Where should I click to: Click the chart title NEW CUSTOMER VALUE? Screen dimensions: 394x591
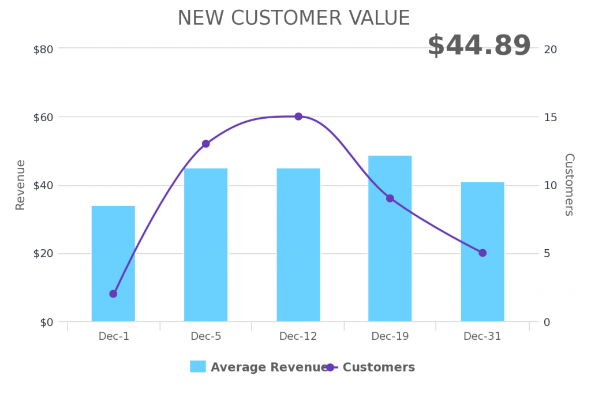click(x=293, y=18)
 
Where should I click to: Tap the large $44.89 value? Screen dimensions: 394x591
click(x=478, y=46)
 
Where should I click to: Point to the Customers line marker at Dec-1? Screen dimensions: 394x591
click(x=113, y=294)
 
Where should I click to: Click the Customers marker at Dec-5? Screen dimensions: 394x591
click(x=205, y=144)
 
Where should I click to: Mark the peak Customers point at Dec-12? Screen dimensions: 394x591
click(x=298, y=117)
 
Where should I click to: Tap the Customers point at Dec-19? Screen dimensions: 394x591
click(x=390, y=198)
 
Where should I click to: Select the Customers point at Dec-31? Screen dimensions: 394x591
click(x=482, y=253)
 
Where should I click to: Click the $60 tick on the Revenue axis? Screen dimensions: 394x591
click(x=43, y=117)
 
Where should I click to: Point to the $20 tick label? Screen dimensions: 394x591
click(x=43, y=254)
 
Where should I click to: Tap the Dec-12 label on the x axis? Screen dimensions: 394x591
click(x=298, y=336)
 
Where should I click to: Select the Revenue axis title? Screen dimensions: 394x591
click(x=20, y=185)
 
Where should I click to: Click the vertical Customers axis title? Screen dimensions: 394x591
click(x=569, y=185)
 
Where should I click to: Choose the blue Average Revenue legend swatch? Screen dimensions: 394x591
click(x=198, y=367)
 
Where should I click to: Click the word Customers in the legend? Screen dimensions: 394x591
click(x=379, y=367)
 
